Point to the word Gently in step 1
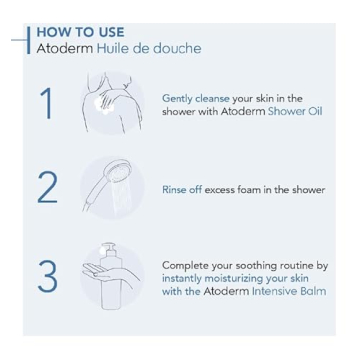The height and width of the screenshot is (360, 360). pyautogui.click(x=194, y=98)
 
